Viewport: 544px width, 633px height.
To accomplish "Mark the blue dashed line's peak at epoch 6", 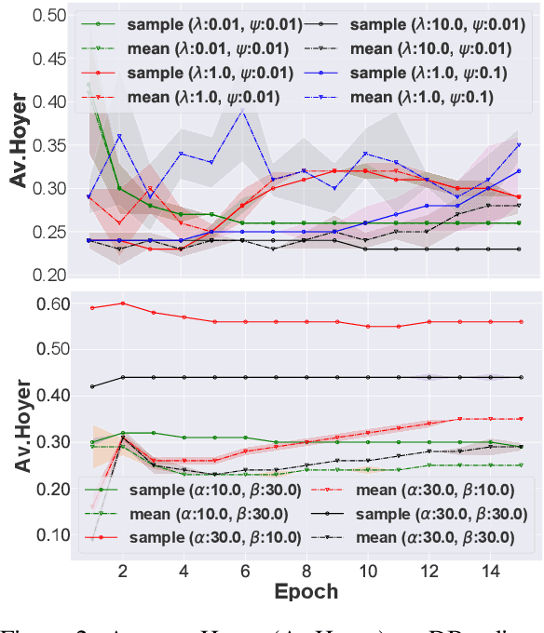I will tap(243, 111).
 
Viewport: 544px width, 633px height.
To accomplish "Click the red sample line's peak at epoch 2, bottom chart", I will tap(122, 303).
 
